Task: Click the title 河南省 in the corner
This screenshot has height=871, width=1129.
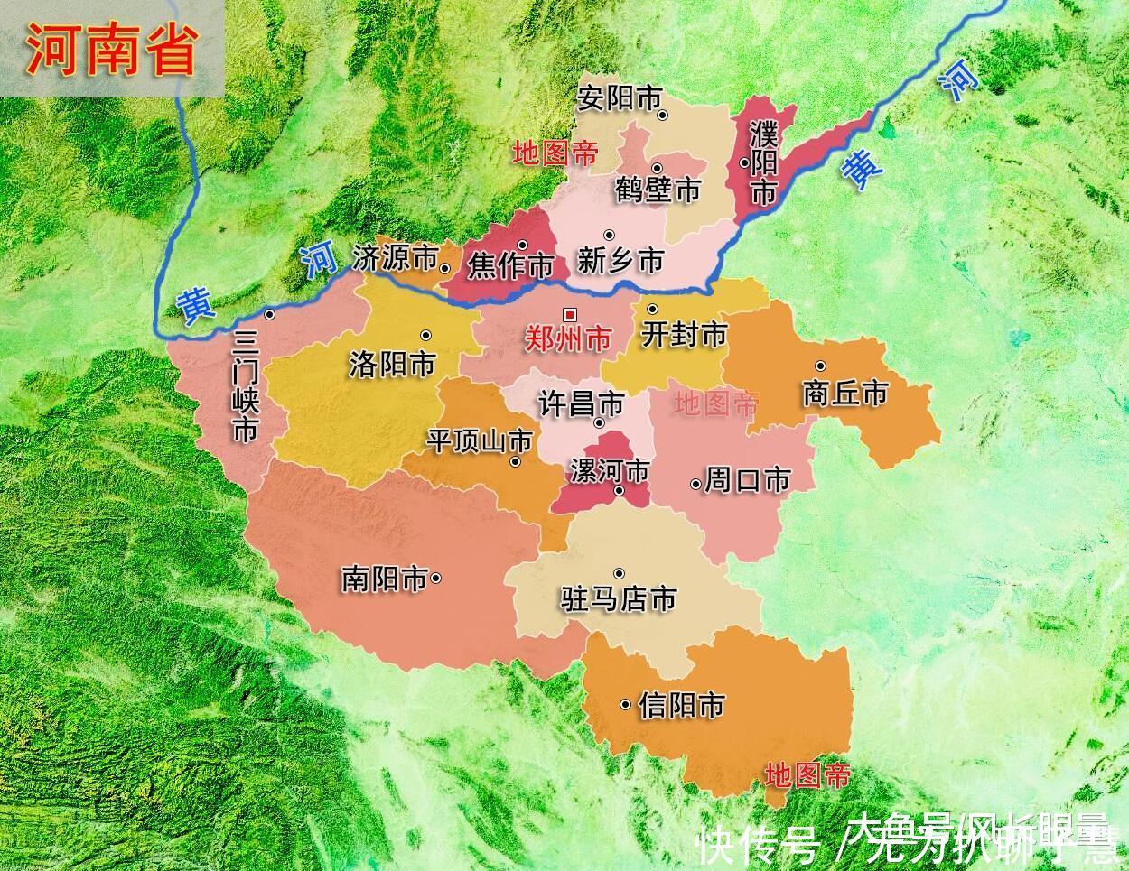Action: pyautogui.click(x=110, y=50)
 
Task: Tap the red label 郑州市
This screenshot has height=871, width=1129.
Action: pyautogui.click(x=569, y=339)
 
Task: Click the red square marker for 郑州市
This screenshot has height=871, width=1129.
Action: pyautogui.click(x=569, y=314)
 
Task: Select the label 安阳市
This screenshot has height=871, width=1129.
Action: pyautogui.click(x=620, y=97)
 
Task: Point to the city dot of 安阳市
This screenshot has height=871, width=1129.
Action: pyautogui.click(x=662, y=115)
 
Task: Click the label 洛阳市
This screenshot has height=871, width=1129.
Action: pyautogui.click(x=392, y=364)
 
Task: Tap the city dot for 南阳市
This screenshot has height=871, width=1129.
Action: pyautogui.click(x=436, y=579)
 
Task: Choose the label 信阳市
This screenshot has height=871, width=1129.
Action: pyautogui.click(x=681, y=705)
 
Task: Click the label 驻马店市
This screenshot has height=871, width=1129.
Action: pyautogui.click(x=619, y=599)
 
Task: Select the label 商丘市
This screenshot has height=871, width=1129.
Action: pyautogui.click(x=845, y=394)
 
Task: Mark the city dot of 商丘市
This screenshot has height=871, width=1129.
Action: pyautogui.click(x=820, y=366)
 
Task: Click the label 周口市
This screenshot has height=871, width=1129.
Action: pyautogui.click(x=747, y=479)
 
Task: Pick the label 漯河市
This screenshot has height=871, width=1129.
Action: pyautogui.click(x=610, y=470)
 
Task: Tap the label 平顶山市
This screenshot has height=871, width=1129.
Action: pyautogui.click(x=480, y=440)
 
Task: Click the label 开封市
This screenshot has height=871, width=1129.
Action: pyautogui.click(x=683, y=335)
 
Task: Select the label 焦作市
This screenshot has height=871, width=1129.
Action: pyautogui.click(x=510, y=266)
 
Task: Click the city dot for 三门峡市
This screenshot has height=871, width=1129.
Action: pyautogui.click(x=270, y=314)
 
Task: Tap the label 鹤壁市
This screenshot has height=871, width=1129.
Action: pyautogui.click(x=658, y=190)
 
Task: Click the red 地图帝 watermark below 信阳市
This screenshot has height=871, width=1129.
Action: pyautogui.click(x=807, y=774)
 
